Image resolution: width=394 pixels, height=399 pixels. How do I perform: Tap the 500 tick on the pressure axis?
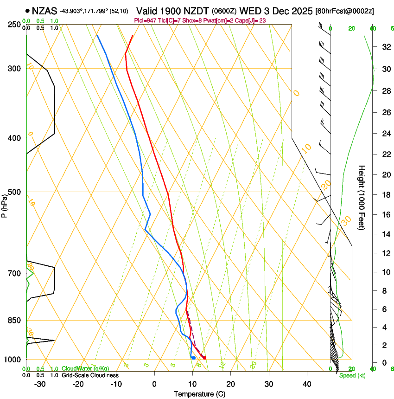click(14, 192)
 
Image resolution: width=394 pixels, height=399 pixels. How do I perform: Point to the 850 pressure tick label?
click(14, 321)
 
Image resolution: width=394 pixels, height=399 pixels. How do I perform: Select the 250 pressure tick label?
click(14, 25)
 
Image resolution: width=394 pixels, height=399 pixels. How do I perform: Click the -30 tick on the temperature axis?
click(40, 384)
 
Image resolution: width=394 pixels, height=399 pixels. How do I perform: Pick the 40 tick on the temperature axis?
click(306, 384)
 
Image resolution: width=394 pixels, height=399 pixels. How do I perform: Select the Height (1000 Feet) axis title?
click(362, 197)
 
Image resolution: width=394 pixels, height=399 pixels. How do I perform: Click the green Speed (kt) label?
click(352, 375)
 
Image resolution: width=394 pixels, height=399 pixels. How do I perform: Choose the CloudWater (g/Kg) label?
click(85, 368)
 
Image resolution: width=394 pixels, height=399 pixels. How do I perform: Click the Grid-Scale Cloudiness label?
click(90, 375)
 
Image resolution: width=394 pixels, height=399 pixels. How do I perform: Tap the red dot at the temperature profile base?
click(204, 358)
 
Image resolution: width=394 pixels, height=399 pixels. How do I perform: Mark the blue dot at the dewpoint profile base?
click(193, 358)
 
